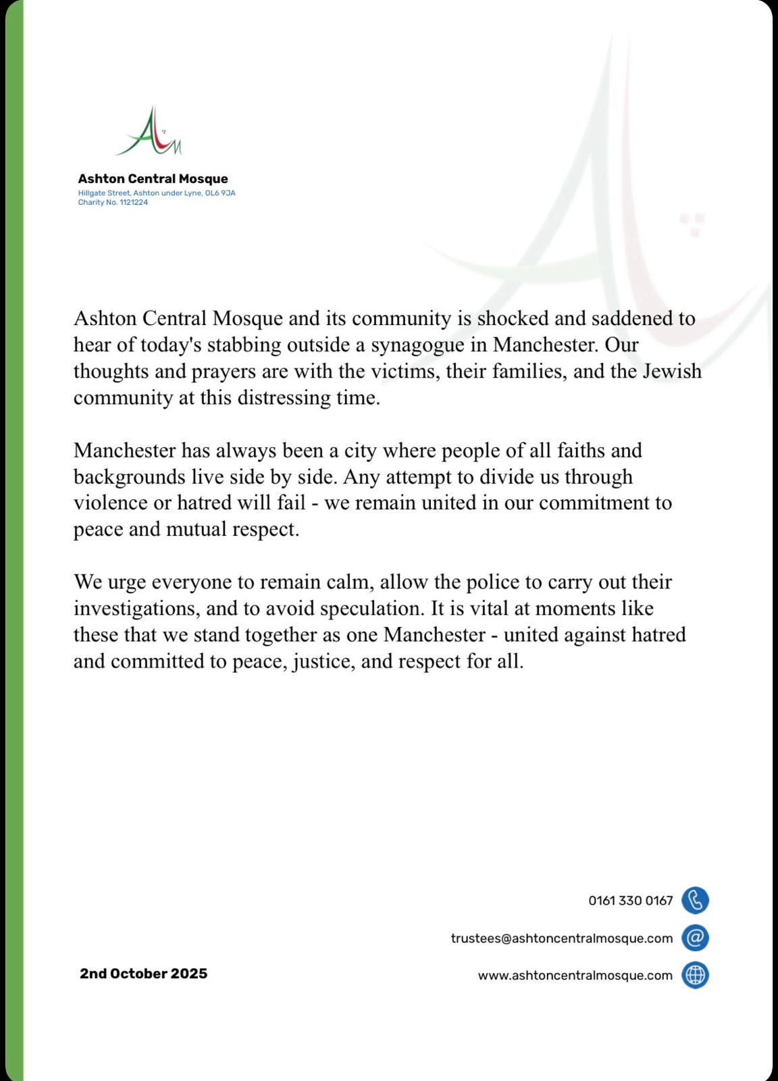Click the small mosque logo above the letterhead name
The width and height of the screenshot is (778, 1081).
coord(149,132)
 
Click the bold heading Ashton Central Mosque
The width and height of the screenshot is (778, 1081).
coord(153,179)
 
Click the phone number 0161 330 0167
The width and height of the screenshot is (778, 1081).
coord(631,901)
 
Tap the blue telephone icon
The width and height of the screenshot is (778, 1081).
coord(695,901)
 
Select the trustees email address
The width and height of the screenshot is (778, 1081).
coord(562,938)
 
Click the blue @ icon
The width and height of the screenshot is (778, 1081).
coord(695,938)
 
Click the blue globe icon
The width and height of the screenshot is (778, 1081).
coord(695,975)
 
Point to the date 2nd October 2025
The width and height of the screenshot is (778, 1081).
coord(144,974)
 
